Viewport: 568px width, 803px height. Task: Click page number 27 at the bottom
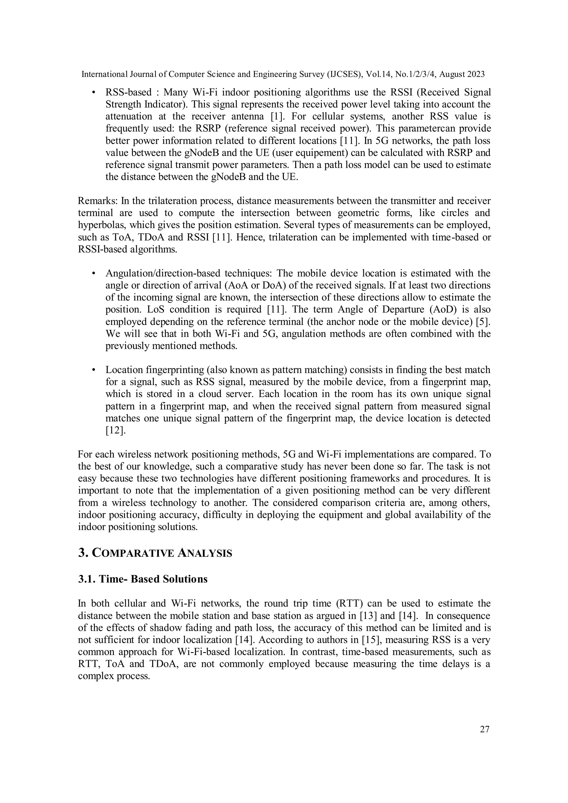coord(485,729)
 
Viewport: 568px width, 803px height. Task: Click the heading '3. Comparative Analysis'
coord(155,553)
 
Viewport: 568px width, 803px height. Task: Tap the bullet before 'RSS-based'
coord(93,93)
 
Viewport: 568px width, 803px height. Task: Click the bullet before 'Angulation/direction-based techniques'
coord(93,273)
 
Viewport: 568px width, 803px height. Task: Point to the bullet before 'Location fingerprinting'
coord(93,370)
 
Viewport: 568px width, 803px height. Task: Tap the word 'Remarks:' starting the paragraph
coord(98,201)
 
